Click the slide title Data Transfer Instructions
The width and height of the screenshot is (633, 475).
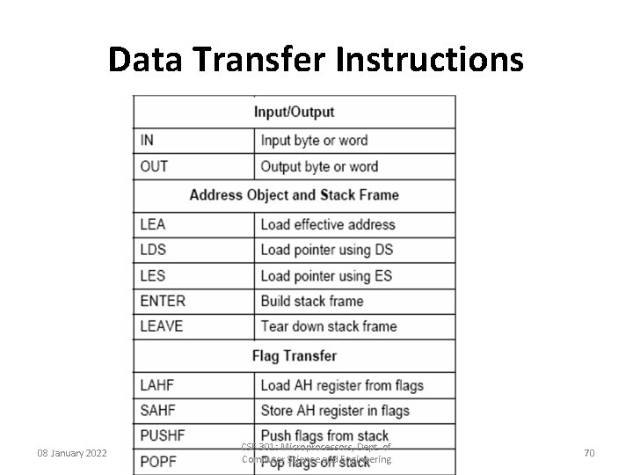point(316,60)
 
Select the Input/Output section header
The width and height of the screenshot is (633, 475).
point(294,112)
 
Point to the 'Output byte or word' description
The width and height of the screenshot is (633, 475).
point(319,167)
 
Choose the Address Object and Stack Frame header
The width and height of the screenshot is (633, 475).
point(294,195)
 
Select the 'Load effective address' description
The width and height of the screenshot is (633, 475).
point(328,225)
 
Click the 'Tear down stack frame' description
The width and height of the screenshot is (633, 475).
point(329,326)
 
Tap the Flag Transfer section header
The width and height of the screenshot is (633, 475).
point(294,356)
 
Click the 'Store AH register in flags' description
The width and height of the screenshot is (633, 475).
point(335,411)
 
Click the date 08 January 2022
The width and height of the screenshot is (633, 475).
point(72,453)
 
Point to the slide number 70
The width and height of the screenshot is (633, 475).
point(589,453)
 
